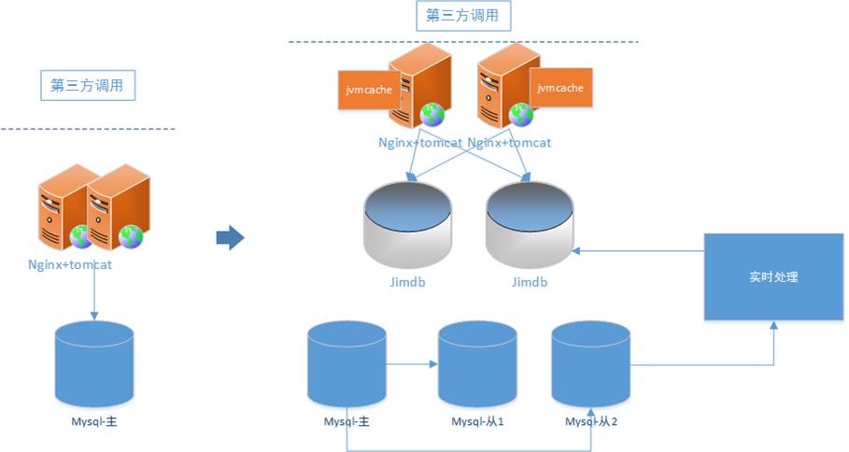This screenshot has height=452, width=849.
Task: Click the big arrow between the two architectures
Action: point(230,237)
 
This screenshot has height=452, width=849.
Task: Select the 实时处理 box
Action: point(773,276)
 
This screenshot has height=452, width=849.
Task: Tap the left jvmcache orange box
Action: point(369,90)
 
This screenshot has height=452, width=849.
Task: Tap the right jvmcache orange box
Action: point(560,88)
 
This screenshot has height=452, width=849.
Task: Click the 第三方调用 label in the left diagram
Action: point(88,86)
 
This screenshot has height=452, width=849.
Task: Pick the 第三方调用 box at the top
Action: point(463,16)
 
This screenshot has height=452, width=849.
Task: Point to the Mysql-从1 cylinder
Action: point(477,364)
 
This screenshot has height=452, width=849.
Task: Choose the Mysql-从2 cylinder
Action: point(590,364)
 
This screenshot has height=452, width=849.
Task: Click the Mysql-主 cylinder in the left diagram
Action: point(94,364)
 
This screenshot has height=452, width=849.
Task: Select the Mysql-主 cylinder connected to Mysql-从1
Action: point(347,364)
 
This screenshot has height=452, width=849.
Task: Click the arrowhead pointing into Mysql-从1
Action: point(433,364)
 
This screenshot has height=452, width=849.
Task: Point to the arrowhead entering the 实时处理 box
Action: point(773,325)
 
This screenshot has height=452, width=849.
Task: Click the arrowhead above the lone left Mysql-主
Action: point(94,317)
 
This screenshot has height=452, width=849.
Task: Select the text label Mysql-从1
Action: point(477,422)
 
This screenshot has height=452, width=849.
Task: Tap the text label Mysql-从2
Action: point(591,422)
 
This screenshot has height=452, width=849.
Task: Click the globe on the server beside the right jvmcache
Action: point(521,115)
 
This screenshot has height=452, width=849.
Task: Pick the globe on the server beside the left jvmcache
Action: point(432,115)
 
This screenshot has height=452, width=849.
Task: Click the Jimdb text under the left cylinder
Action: point(408,282)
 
